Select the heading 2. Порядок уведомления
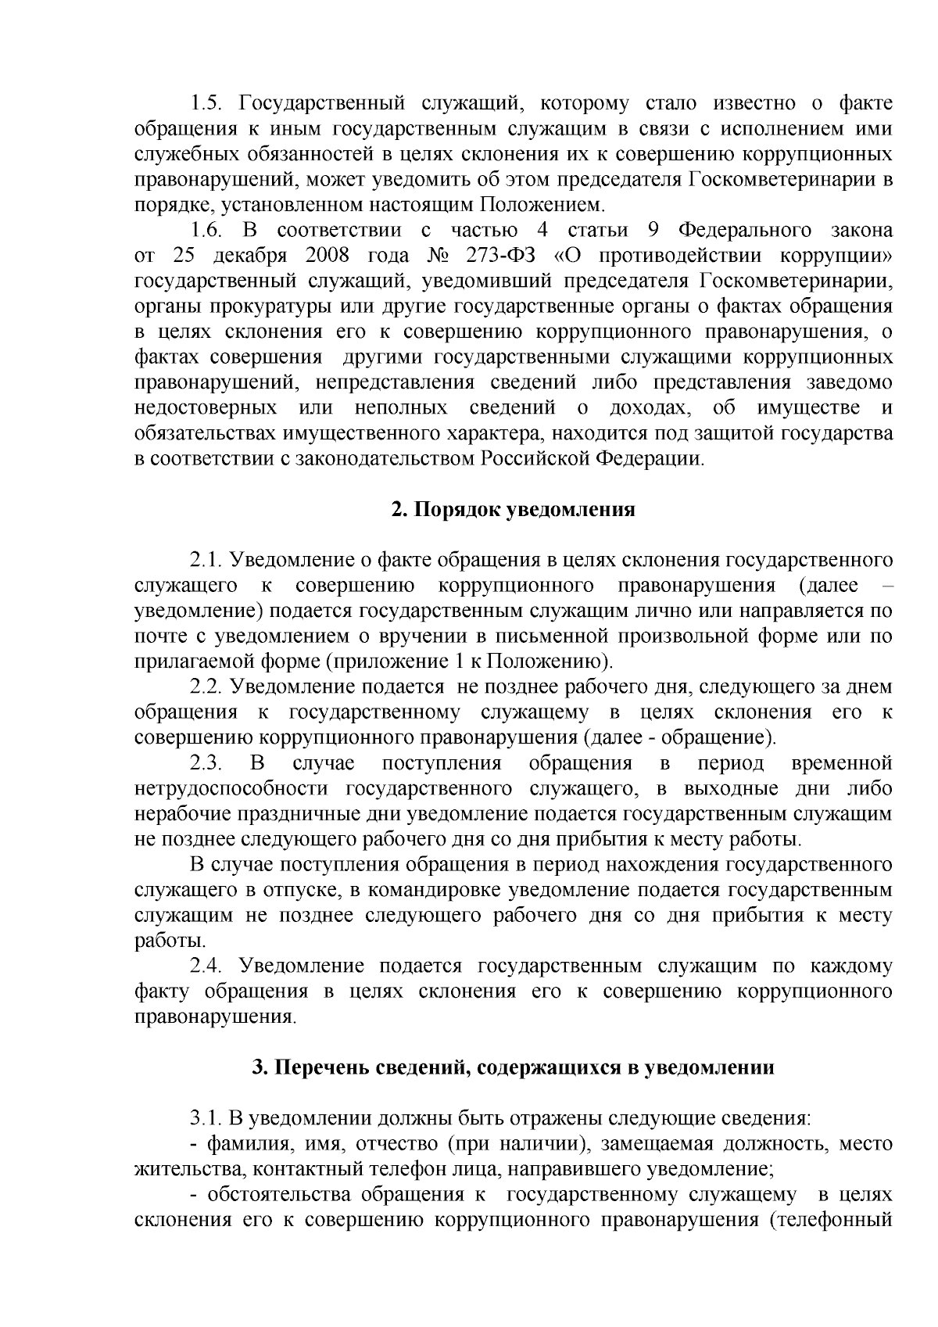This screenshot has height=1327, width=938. pos(513,511)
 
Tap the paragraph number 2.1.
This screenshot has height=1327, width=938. pos(206,561)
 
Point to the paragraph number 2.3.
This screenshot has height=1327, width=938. pos(206,763)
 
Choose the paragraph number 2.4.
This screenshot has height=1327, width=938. pos(206,967)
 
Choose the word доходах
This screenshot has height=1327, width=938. pos(648,408)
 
